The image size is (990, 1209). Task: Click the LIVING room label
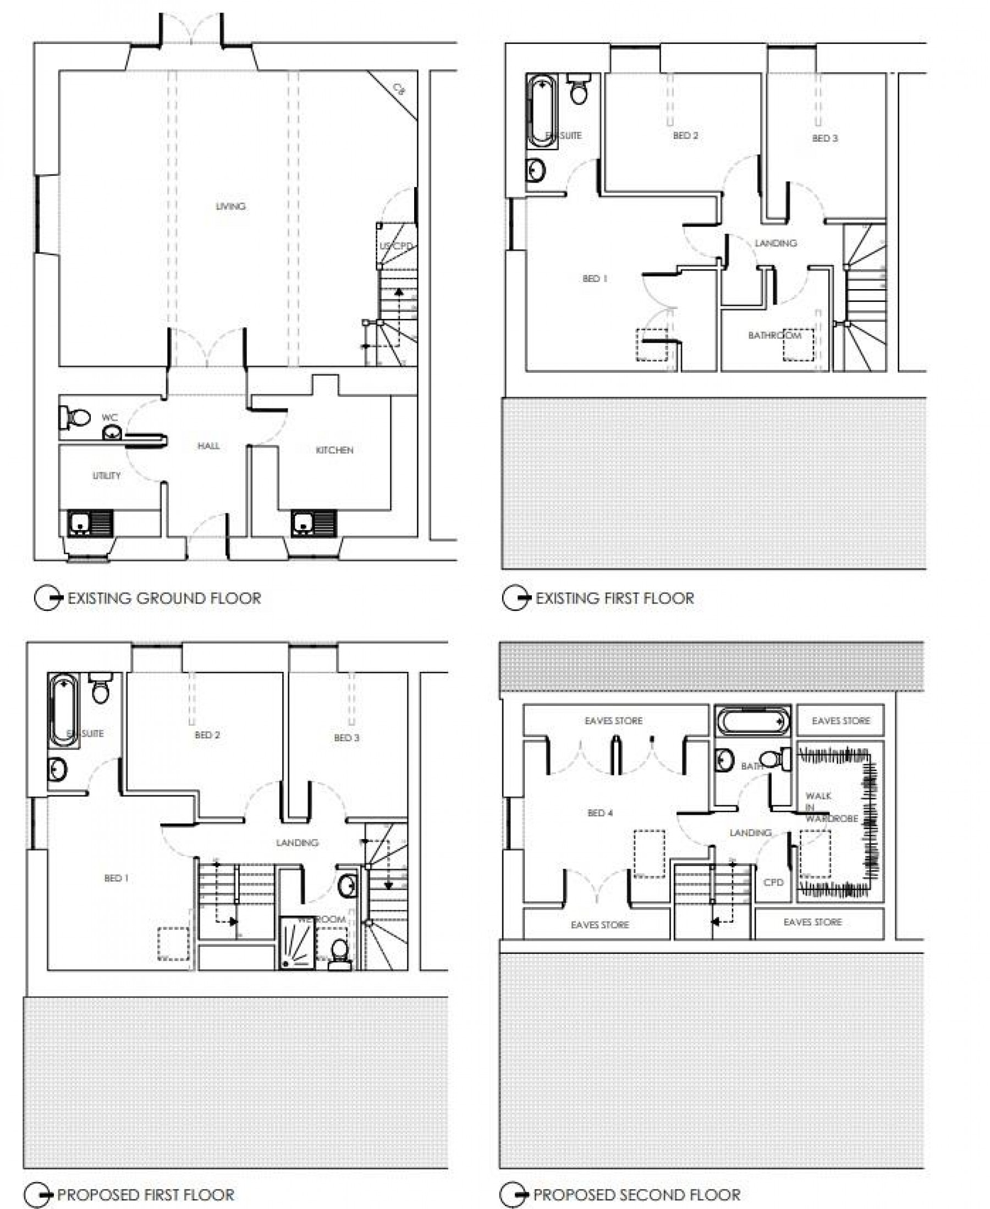click(230, 206)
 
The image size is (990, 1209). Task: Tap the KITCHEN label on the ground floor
click(334, 450)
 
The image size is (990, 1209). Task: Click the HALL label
click(208, 446)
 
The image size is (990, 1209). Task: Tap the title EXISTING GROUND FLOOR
click(164, 599)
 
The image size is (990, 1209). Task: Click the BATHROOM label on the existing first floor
click(774, 335)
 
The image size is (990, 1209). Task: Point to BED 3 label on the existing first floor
click(824, 139)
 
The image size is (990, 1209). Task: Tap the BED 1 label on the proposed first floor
click(117, 879)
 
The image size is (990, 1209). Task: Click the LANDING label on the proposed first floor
click(296, 842)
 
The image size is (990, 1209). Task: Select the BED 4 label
click(600, 813)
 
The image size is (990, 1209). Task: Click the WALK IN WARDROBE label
click(831, 807)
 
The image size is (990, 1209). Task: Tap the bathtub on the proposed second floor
click(753, 723)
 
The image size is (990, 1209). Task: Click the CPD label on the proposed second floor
click(773, 882)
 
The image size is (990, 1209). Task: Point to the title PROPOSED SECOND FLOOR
click(636, 1194)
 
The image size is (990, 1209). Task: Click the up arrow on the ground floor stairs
click(399, 292)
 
